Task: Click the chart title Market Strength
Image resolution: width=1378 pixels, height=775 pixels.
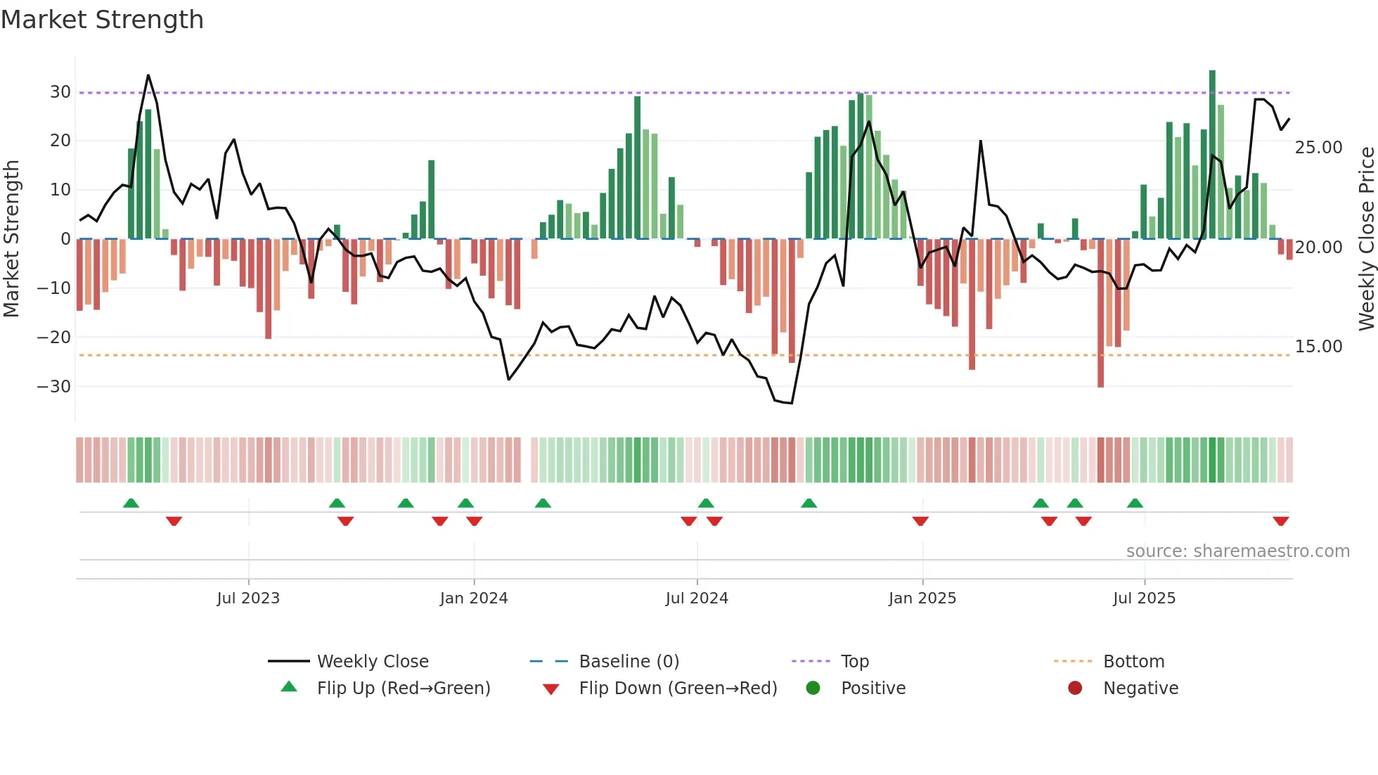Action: pos(102,20)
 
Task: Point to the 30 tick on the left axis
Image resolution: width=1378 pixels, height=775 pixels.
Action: pos(60,92)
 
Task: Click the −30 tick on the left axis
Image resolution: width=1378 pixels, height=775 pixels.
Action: pos(54,387)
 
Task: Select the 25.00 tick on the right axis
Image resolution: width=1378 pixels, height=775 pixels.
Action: pos(1318,148)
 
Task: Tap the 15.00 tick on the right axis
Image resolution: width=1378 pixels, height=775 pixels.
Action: pos(1318,347)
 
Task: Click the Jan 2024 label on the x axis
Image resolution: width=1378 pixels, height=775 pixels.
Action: pos(473,598)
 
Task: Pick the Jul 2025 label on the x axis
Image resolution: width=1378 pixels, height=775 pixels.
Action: pos(1144,598)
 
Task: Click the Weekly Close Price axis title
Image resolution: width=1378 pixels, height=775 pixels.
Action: pos(1366,239)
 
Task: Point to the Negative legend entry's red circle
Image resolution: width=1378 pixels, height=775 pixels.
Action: pos(1075,688)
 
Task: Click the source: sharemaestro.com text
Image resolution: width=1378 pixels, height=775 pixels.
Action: pos(1237,551)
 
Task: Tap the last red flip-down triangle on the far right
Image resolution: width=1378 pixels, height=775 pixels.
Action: pos(1280,520)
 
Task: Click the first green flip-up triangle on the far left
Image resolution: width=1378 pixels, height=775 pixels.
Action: pos(131,504)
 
